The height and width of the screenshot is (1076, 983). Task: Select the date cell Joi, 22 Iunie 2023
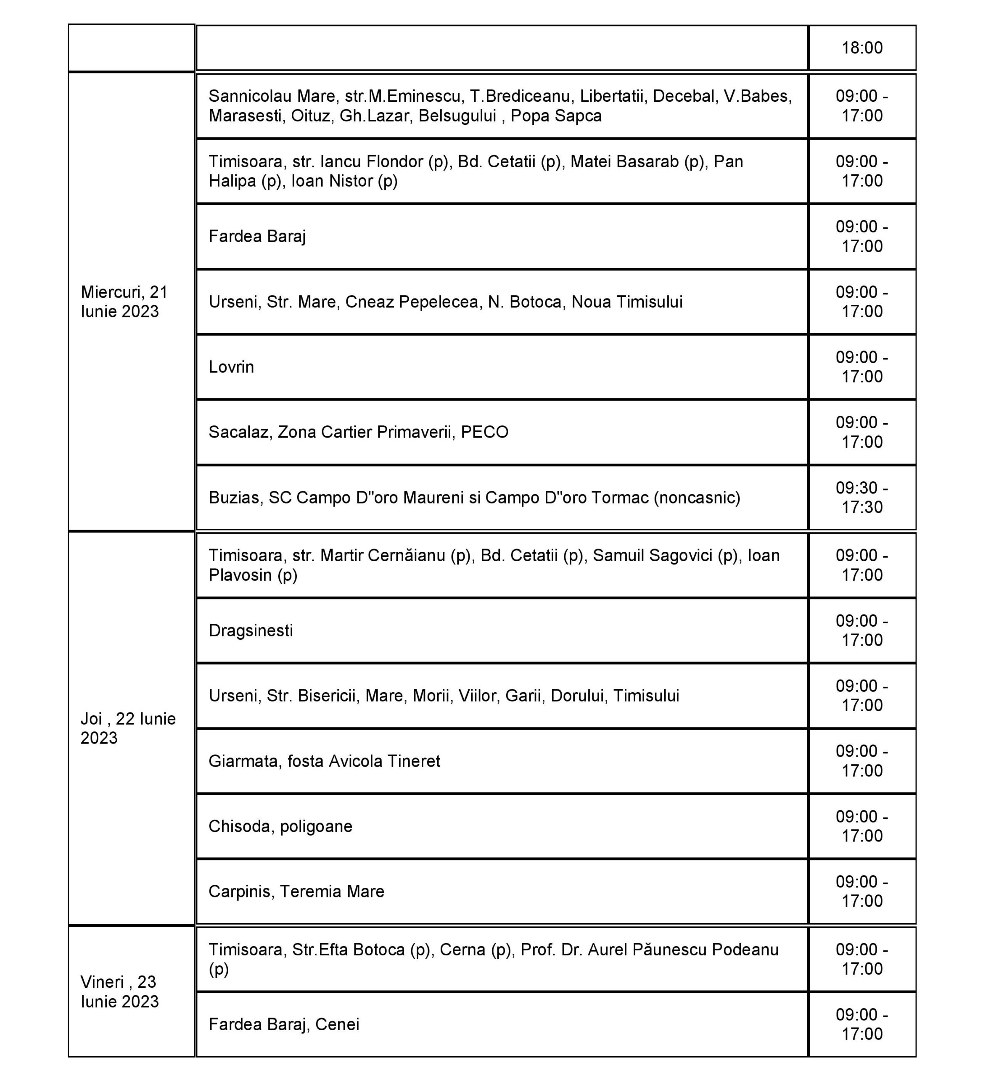(x=128, y=728)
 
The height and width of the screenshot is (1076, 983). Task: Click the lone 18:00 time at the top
(x=862, y=48)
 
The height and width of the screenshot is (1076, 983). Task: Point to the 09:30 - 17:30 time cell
(x=862, y=497)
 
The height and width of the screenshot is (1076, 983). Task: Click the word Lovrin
(x=231, y=367)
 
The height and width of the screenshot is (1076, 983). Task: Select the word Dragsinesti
(x=251, y=630)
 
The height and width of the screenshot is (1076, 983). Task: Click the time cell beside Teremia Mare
(x=862, y=891)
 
